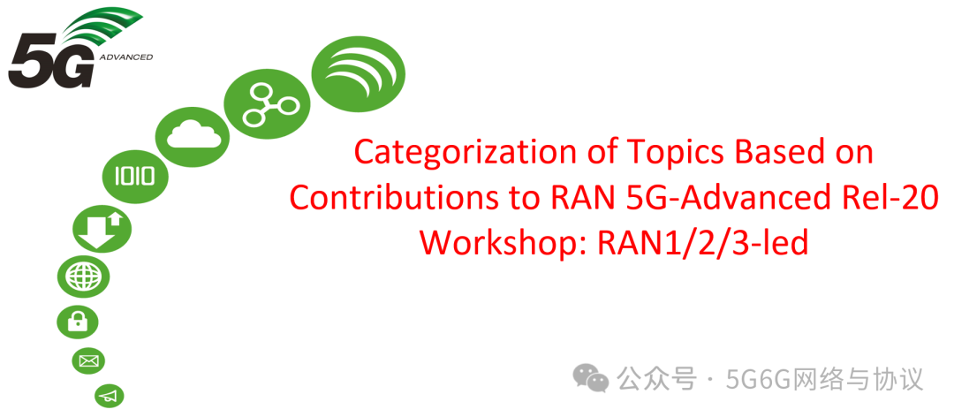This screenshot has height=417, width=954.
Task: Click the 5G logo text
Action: tap(50, 66)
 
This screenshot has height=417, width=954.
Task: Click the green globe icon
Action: tap(84, 277)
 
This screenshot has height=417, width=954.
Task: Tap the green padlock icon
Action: tap(78, 321)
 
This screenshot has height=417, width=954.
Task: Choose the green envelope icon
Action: tap(89, 360)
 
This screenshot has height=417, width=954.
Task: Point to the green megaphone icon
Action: tap(109, 396)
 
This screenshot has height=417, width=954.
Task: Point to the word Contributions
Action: tap(405, 198)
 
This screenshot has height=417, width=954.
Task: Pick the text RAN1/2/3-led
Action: tap(703, 242)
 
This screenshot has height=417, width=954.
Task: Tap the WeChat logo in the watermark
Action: tap(590, 379)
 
